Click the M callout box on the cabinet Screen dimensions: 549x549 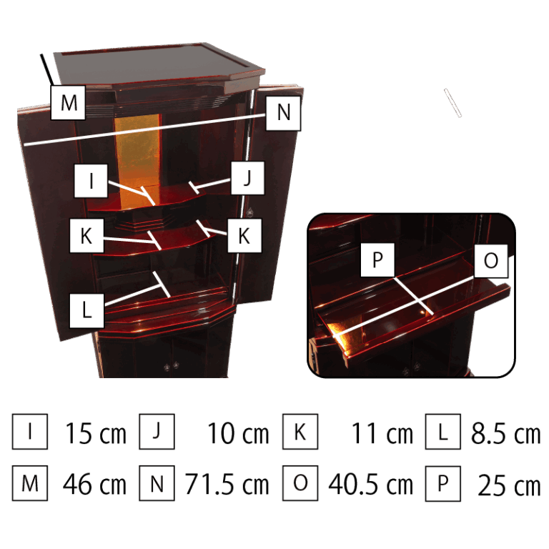click(x=68, y=102)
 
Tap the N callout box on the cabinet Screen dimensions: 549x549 click(x=283, y=113)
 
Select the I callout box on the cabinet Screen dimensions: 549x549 click(x=91, y=181)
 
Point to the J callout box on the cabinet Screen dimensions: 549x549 click(x=247, y=178)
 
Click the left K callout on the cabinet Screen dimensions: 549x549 click(x=86, y=235)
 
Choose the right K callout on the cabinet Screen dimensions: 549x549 click(x=244, y=235)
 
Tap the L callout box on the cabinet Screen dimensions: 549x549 click(x=86, y=311)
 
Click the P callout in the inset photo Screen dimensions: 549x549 click(x=377, y=259)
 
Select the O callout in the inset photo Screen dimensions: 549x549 click(x=491, y=260)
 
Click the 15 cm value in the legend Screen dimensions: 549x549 click(x=96, y=433)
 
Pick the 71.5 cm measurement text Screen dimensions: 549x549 click(x=227, y=484)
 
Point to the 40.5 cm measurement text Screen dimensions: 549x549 click(x=371, y=484)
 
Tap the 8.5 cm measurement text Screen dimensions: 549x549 click(x=506, y=433)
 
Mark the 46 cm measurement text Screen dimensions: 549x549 click(x=94, y=484)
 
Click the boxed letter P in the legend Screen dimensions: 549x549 click(x=443, y=483)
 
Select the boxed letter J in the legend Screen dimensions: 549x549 click(x=157, y=431)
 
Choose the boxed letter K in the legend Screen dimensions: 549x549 click(x=300, y=431)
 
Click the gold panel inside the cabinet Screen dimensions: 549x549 click(x=138, y=157)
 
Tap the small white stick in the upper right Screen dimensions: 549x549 click(x=452, y=103)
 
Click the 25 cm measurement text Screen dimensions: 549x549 click(x=510, y=485)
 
